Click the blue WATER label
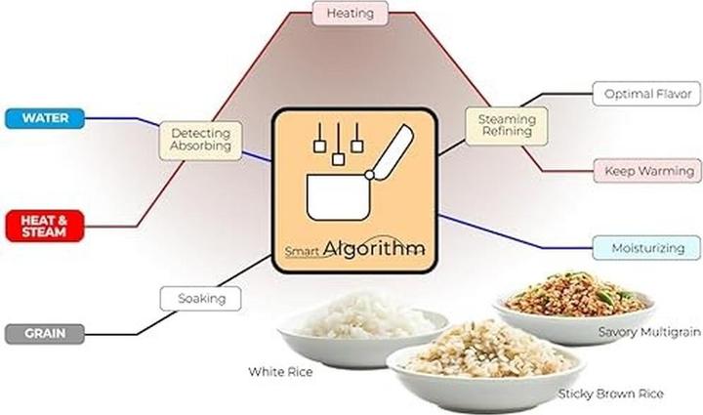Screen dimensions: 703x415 coord(45,118)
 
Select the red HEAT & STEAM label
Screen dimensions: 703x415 coord(45,226)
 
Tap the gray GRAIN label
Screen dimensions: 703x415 coord(45,334)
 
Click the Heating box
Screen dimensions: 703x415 coord(351,13)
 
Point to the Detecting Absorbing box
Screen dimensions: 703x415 coord(200,141)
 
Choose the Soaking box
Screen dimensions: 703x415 coord(200,299)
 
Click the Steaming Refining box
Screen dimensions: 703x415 coord(507,126)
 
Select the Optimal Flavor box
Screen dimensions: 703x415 coord(646,94)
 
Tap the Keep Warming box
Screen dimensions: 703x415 coord(647,171)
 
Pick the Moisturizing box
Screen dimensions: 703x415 coord(646,248)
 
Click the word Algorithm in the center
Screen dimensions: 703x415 coord(373,248)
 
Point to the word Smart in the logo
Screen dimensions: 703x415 coord(302,251)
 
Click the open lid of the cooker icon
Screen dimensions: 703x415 coord(392,152)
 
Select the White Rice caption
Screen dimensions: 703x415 coord(280,371)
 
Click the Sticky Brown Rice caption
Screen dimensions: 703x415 coord(610,394)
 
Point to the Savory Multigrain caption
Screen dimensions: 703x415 coord(649,332)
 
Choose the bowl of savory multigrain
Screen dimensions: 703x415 coord(575,307)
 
